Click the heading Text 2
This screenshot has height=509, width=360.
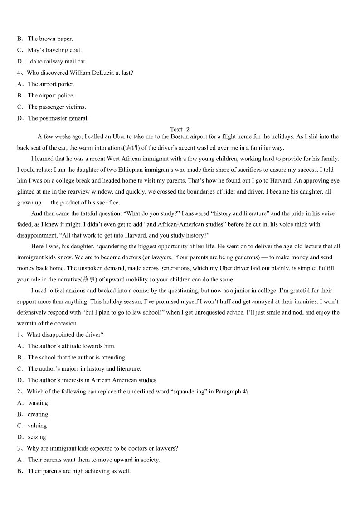coord(180,130)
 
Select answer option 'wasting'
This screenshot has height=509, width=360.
coord(38,403)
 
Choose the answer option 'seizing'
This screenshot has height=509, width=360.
coord(37,437)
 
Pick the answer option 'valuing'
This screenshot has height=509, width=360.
coord(37,426)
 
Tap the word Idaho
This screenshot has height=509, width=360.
coord(36,62)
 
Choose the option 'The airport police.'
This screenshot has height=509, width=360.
coord(51,96)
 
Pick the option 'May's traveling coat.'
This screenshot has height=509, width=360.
coord(54,50)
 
